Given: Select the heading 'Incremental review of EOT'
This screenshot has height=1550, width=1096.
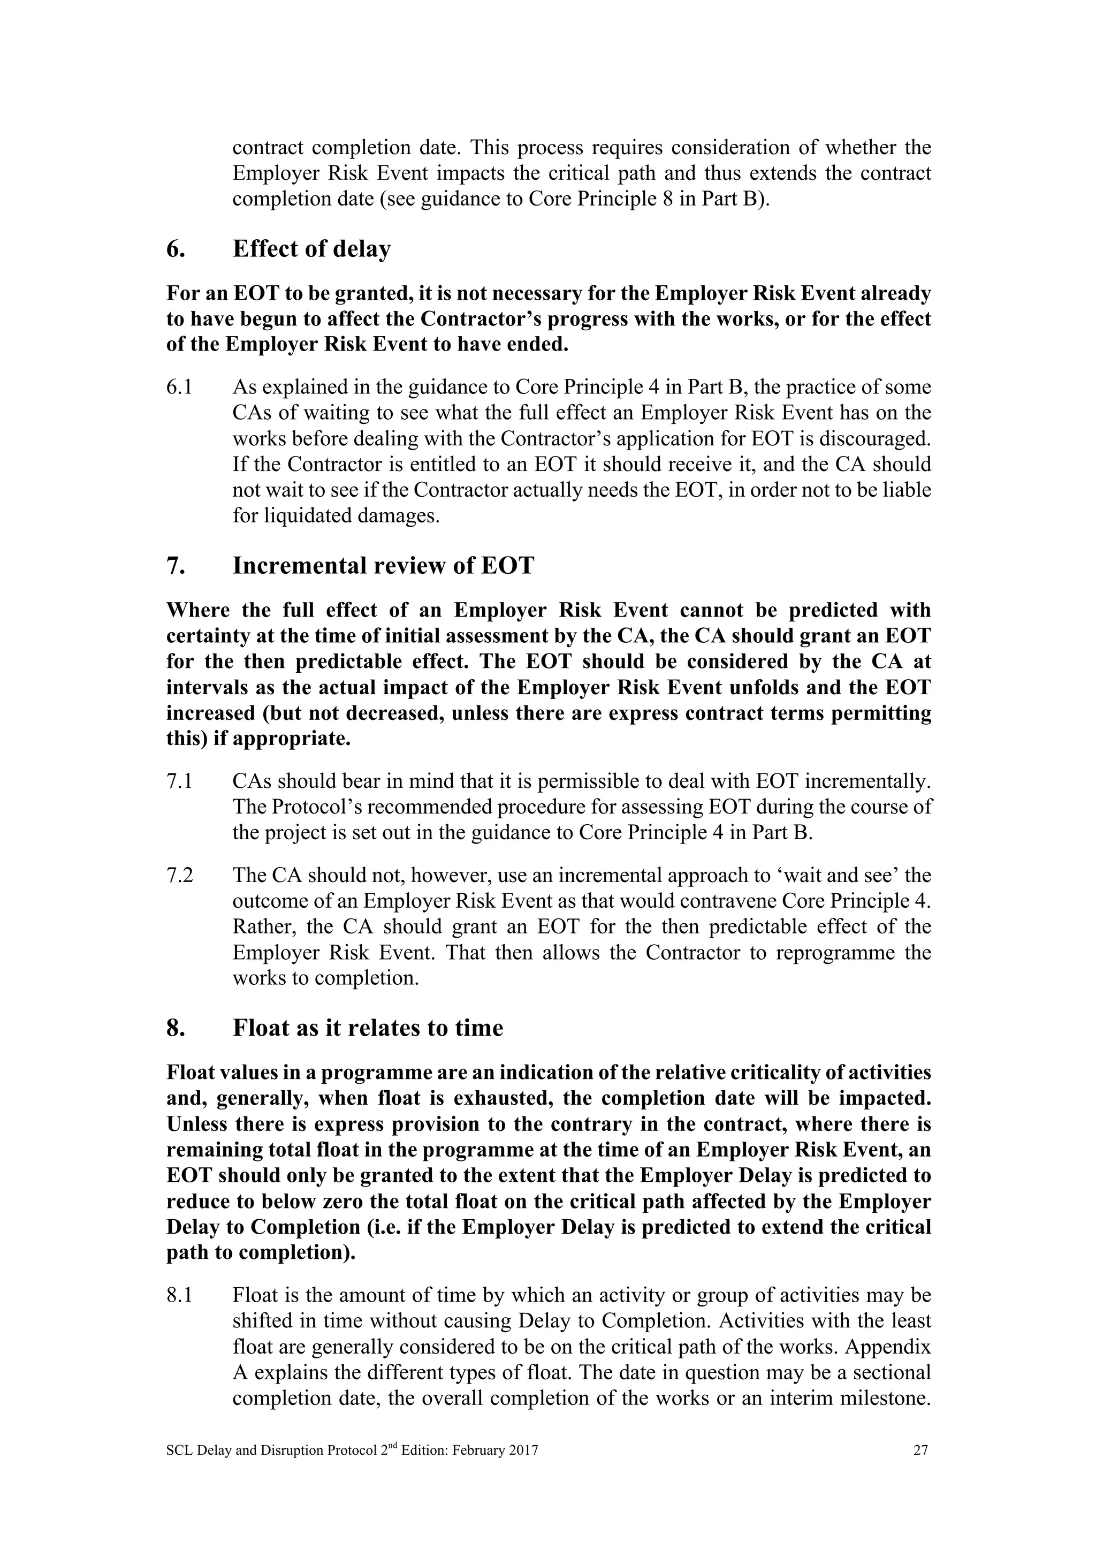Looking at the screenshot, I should click(383, 565).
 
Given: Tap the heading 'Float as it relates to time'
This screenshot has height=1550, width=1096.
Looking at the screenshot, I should click(368, 1028).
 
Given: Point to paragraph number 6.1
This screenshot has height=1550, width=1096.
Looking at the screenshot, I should click(179, 387).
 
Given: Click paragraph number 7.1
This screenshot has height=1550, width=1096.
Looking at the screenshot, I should click(179, 781).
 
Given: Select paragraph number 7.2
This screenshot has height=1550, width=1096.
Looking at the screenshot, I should click(179, 876).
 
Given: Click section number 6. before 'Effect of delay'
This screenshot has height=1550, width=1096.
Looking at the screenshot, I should click(176, 249).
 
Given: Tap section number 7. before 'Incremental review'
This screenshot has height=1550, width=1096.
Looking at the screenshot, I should click(176, 565).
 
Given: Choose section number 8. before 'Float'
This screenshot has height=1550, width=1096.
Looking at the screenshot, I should click(176, 1028).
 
